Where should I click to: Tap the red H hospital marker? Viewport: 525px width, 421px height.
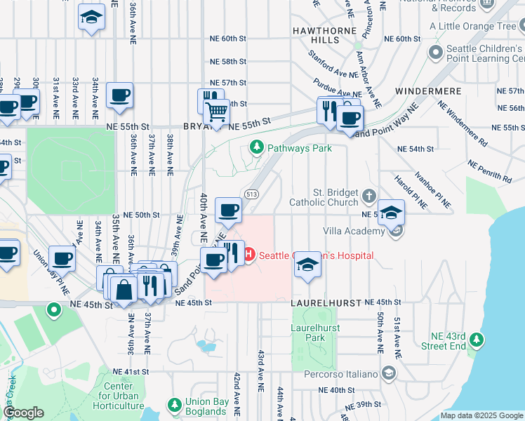pyautogui.click(x=248, y=255)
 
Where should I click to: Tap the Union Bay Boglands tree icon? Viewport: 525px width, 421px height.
pyautogui.click(x=174, y=405)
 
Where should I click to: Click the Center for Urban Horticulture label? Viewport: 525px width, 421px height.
pyautogui.click(x=119, y=396)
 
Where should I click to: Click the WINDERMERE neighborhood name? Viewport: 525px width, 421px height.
pyautogui.click(x=428, y=91)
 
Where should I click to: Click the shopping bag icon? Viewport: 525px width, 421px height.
pyautogui.click(x=123, y=289)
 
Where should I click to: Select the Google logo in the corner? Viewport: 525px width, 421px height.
pyautogui.click(x=23, y=413)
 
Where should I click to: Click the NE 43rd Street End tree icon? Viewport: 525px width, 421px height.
pyautogui.click(x=477, y=340)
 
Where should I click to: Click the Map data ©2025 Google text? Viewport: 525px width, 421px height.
pyautogui.click(x=481, y=415)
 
